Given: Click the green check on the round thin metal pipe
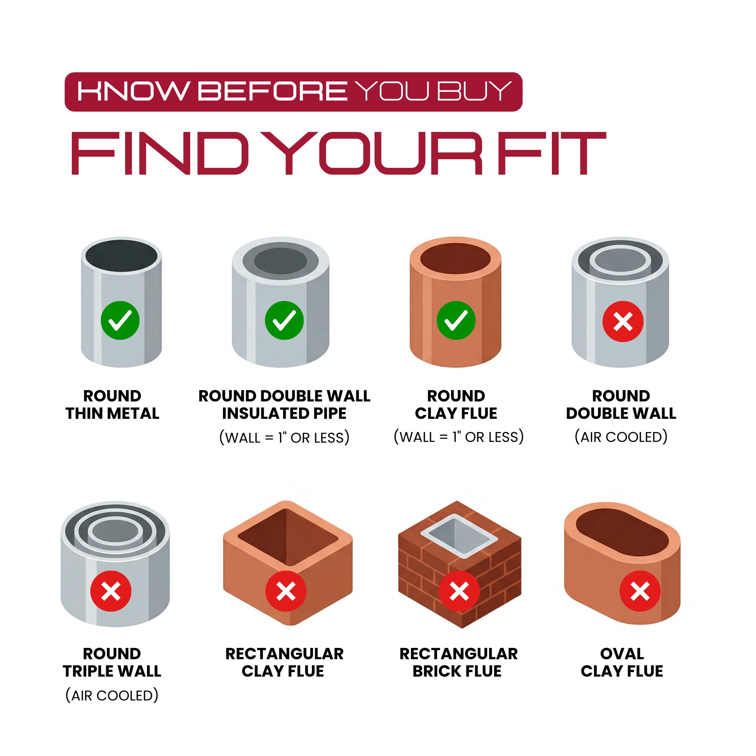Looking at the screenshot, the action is [x=120, y=320].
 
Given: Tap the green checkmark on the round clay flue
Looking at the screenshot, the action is [x=456, y=321].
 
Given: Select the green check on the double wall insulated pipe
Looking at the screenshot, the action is [x=285, y=321].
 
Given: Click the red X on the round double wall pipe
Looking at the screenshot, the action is [x=623, y=321].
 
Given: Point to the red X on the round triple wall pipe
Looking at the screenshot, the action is [x=111, y=591].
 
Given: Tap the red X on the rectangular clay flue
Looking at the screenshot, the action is [x=286, y=591].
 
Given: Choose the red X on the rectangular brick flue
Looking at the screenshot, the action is [x=459, y=591].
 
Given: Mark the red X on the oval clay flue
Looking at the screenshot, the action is [x=640, y=591].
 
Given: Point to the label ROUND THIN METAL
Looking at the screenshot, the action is [x=112, y=404].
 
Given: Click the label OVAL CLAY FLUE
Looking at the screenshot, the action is [x=622, y=663].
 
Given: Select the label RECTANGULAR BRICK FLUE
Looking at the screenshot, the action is [x=458, y=663].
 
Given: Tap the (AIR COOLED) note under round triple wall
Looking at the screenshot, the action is [x=112, y=696].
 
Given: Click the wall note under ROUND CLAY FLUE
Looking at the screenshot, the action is [x=459, y=437].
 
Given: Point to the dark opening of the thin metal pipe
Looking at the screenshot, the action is [x=121, y=256].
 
